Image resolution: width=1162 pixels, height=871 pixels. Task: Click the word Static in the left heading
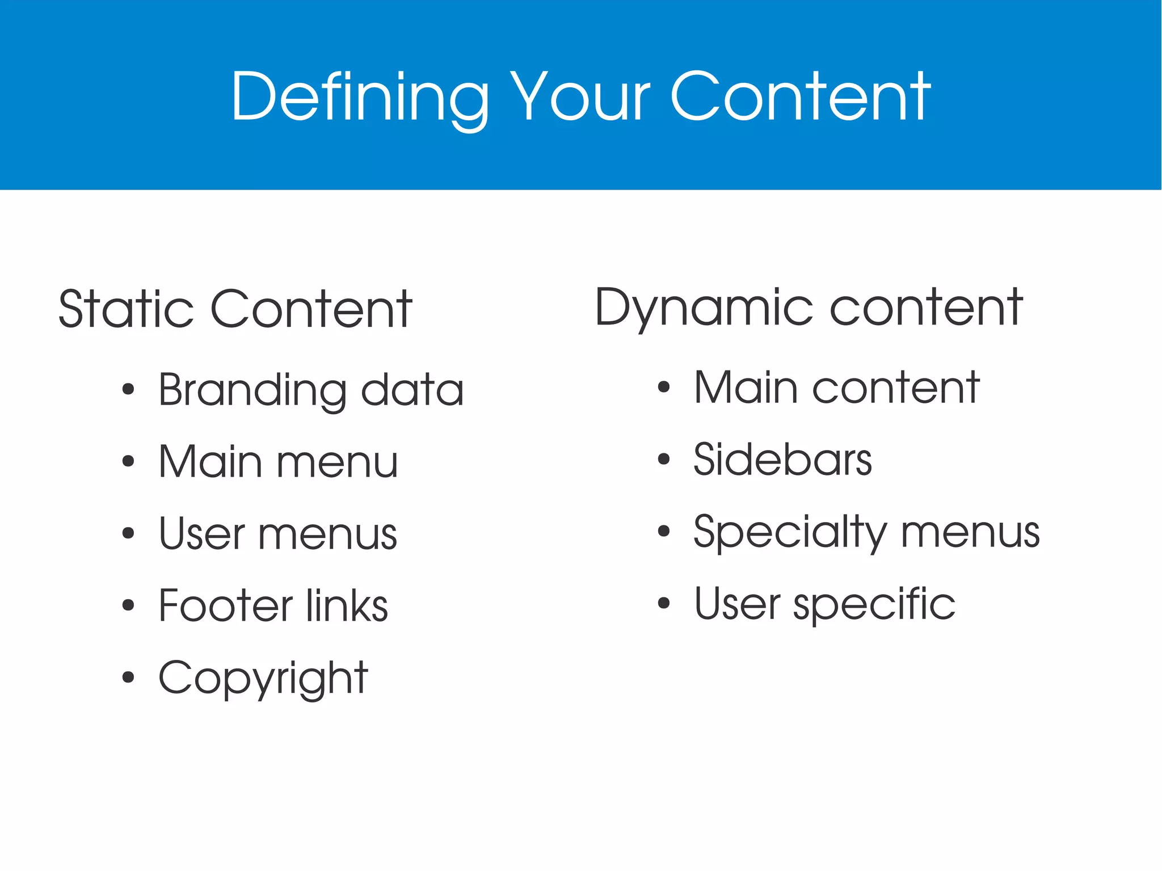click(126, 310)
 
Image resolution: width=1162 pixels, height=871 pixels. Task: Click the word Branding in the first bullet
click(252, 391)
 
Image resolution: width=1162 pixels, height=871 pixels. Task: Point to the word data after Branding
click(412, 390)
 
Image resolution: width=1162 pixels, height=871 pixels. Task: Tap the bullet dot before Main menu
click(128, 461)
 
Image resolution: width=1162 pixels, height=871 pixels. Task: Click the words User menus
click(278, 534)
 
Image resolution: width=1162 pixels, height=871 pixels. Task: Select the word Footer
click(226, 605)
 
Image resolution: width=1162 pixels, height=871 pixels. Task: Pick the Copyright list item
click(263, 678)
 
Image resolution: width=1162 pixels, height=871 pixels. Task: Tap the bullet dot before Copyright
click(128, 677)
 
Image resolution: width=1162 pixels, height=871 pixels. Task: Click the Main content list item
click(837, 388)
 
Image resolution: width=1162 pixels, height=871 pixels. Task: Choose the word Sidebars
click(782, 460)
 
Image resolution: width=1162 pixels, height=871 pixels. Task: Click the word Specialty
click(790, 533)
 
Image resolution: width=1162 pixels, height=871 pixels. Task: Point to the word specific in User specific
click(874, 604)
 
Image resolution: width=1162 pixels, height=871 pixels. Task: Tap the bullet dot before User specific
click(663, 603)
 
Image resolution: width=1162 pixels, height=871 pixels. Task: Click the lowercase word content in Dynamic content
click(927, 308)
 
